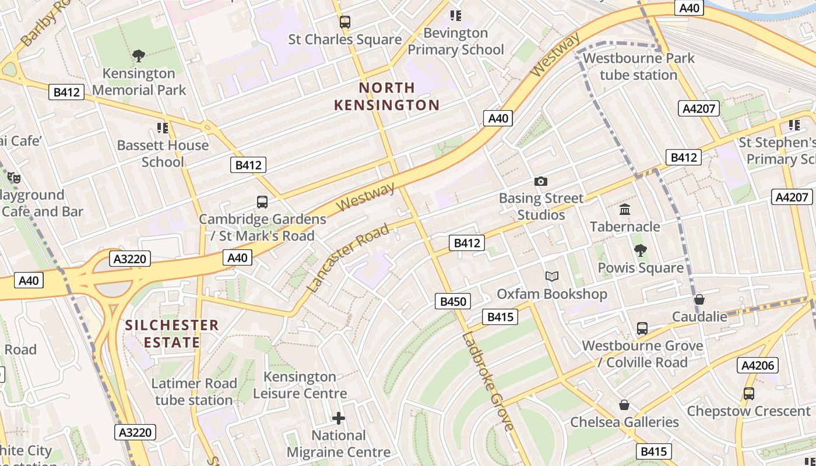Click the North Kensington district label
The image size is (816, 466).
pos(387,96)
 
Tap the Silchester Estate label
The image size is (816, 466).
pos(172,333)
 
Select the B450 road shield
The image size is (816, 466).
pos(453,301)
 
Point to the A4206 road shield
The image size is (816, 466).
pos(758,365)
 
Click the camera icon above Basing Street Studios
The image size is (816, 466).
pos(541,181)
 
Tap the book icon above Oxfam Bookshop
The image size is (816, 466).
pos(551,276)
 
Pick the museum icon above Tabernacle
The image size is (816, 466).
pos(625,209)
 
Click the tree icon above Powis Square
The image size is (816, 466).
pos(640,250)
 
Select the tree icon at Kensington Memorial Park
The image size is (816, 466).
pos(139,56)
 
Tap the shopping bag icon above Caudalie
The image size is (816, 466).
pos(699,299)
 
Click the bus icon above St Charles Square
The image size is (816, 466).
pos(345,22)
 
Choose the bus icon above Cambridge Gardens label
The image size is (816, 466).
pos(262,202)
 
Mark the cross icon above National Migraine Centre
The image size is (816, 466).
pos(339,418)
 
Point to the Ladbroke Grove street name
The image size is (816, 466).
pos(488,382)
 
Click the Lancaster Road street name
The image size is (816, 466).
pos(347,257)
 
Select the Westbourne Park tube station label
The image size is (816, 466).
pos(639,66)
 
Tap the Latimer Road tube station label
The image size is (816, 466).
pos(194,391)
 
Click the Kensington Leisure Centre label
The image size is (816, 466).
pos(300,384)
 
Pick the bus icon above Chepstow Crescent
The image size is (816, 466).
pos(749,394)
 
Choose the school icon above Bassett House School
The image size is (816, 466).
pos(163,128)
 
